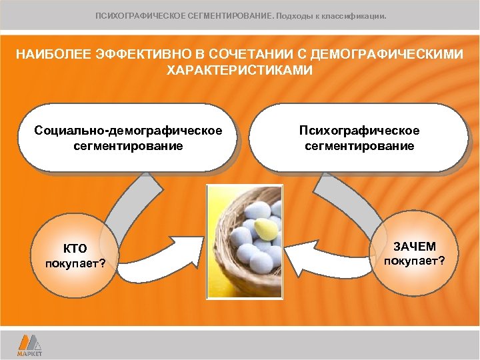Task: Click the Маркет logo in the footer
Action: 29,345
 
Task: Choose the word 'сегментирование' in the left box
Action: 128,145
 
